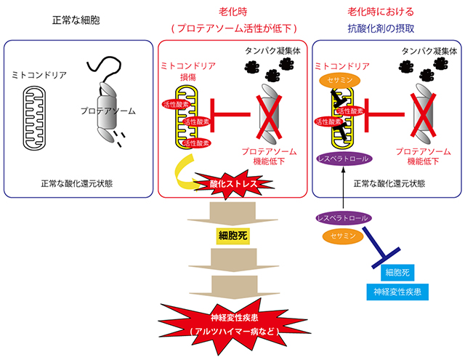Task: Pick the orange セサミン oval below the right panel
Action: [341, 235]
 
